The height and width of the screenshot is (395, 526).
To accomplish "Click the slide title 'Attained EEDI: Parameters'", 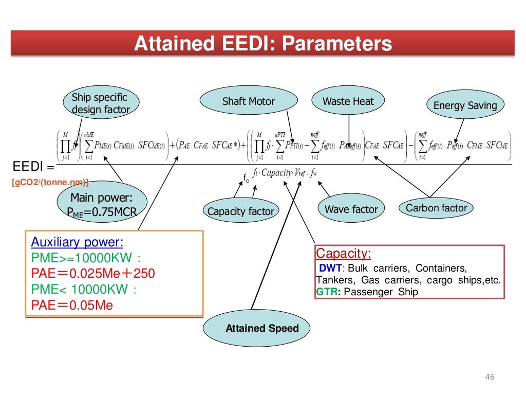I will click(x=262, y=44).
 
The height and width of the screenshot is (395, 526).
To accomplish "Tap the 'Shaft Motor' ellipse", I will click(x=248, y=101).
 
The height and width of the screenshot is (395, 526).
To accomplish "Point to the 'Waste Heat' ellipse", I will click(x=348, y=101).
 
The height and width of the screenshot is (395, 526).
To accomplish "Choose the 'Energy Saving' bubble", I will click(x=465, y=105).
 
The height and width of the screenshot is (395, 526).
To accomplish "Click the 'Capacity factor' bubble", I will click(x=240, y=211).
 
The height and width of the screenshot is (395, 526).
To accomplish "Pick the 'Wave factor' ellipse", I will click(x=351, y=209).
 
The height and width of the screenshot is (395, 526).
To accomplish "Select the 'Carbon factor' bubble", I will click(x=436, y=208).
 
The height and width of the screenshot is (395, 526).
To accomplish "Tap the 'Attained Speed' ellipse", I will click(x=262, y=328).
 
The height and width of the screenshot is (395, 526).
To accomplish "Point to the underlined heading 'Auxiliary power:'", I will click(x=77, y=242).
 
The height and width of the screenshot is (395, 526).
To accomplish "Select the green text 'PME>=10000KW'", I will click(x=82, y=258).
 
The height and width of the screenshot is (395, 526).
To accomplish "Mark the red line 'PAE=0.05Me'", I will click(x=72, y=306).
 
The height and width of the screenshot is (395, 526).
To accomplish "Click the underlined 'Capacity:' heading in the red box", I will click(x=343, y=254).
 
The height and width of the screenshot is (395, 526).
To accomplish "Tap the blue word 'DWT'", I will click(x=330, y=268).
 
